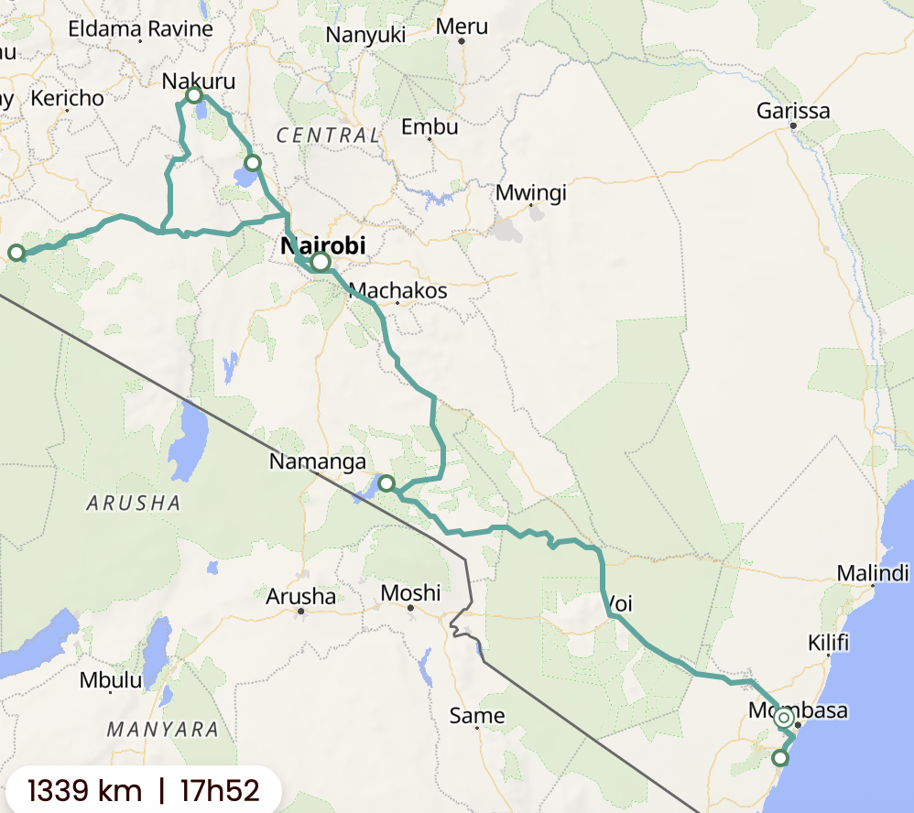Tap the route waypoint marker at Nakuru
(194, 95)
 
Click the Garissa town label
(793, 112)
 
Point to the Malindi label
(872, 574)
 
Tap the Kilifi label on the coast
(828, 642)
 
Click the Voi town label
(619, 604)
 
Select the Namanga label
(317, 462)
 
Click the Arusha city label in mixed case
(300, 597)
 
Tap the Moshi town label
(410, 593)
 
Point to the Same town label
(476, 715)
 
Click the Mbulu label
(111, 680)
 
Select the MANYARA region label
(163, 730)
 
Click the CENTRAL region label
(328, 135)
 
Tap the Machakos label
(398, 291)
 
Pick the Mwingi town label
(531, 193)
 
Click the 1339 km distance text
(84, 789)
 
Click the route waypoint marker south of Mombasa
(779, 757)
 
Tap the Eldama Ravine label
(140, 28)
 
